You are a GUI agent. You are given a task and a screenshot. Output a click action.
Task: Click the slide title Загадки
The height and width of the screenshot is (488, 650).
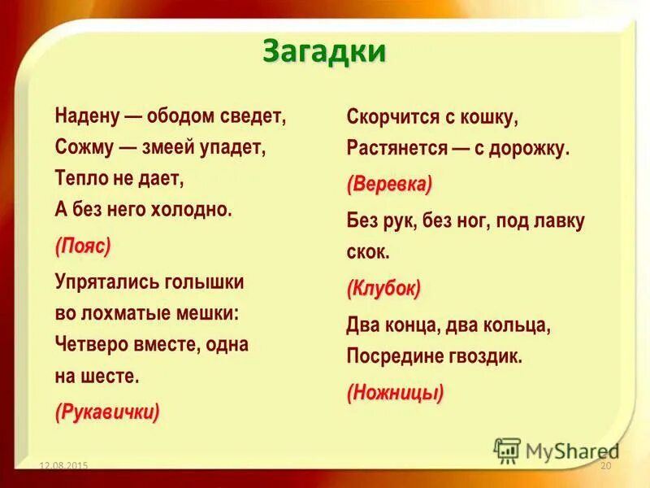324,51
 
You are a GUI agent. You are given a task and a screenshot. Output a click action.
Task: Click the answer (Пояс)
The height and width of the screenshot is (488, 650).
83,246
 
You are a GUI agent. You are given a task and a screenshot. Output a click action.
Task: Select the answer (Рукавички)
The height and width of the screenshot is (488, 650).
107,412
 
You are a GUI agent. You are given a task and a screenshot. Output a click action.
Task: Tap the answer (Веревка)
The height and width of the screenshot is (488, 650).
389,185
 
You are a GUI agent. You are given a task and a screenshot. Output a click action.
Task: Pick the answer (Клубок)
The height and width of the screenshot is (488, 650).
383,289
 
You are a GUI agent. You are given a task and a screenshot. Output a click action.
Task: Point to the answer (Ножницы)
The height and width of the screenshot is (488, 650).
395,394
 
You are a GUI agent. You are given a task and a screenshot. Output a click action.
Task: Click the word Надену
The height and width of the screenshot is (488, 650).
86,114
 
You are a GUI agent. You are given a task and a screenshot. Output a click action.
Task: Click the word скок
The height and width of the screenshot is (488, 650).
368,251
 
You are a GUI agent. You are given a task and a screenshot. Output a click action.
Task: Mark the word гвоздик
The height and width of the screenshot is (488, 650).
479,356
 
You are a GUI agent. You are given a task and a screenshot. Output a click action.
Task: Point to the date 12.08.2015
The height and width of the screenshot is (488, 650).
63,465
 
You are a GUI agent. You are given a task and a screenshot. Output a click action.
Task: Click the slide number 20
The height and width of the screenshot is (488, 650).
604,465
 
